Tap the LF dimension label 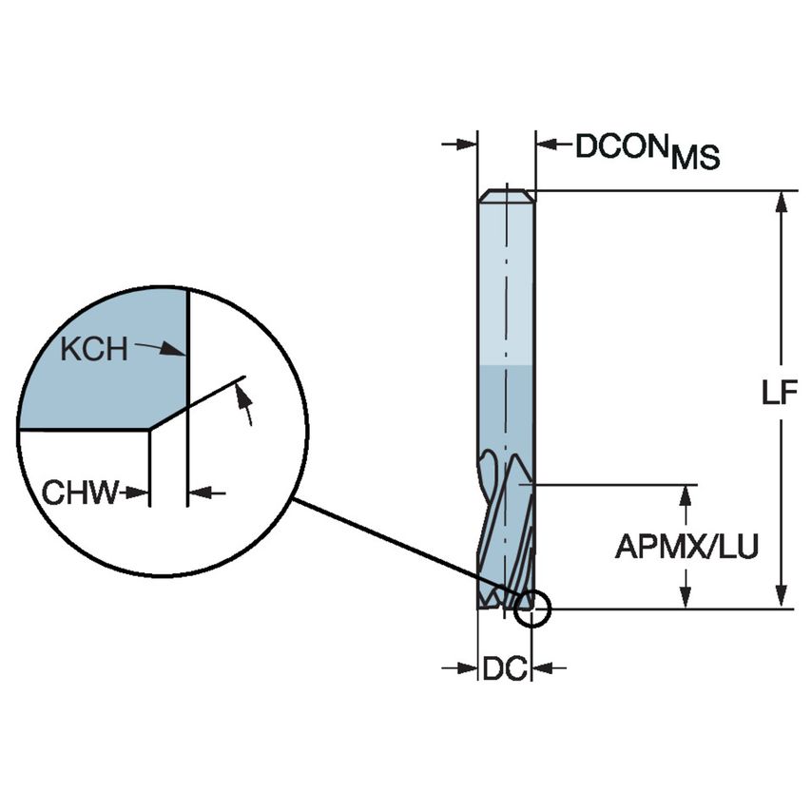[x=779, y=395]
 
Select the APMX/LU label [x=686, y=548]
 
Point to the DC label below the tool [x=504, y=668]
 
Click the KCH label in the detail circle [x=93, y=349]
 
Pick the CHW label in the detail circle [x=80, y=493]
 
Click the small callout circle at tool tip [x=532, y=609]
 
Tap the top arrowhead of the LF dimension [x=782, y=201]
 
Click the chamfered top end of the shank [x=506, y=196]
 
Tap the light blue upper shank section [x=504, y=285]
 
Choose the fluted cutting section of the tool [x=504, y=532]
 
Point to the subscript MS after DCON [x=695, y=159]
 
